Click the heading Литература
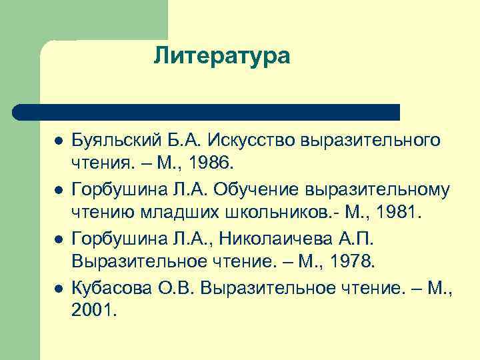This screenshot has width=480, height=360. (x=222, y=56)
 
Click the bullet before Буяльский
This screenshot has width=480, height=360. (x=59, y=142)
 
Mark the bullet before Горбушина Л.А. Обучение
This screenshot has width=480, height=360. (x=59, y=191)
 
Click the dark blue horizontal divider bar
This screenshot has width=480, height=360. (x=207, y=111)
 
